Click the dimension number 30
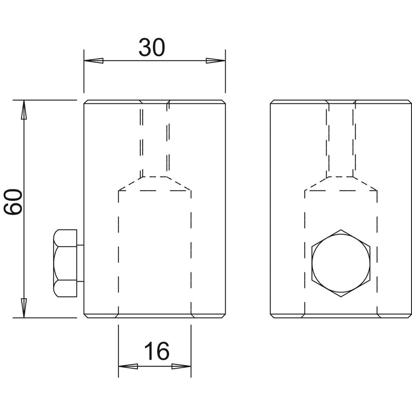[x=152, y=47]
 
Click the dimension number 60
[x=13, y=202]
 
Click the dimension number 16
[x=157, y=351]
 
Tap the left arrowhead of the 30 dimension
[x=94, y=61]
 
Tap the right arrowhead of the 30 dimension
[x=216, y=61]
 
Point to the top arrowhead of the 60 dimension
[x=24, y=110]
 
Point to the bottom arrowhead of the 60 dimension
[x=24, y=308]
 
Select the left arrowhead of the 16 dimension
[x=128, y=366]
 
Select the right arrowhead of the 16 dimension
[x=181, y=366]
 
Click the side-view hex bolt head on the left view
[x=65, y=263]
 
